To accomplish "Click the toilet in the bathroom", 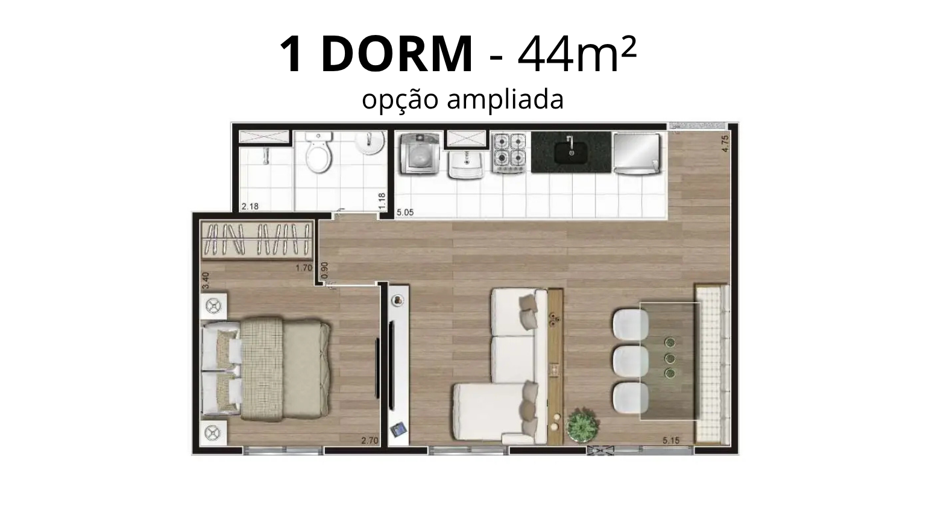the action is click(319, 153).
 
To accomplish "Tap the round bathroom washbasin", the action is click(370, 142).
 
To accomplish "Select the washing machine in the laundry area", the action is click(420, 153).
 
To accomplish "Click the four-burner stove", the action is click(509, 153).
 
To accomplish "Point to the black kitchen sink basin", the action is click(572, 153).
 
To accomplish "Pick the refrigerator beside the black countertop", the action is click(637, 153).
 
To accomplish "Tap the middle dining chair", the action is click(631, 361).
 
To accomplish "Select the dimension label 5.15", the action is click(671, 441).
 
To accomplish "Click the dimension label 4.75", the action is click(725, 144).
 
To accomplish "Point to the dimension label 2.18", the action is click(250, 206).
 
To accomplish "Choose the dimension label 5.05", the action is click(405, 212).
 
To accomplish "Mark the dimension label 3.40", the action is click(206, 280).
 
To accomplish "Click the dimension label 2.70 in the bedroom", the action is click(370, 441).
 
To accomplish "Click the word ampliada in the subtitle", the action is click(505, 100).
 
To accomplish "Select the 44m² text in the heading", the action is click(577, 54).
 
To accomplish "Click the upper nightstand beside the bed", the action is click(213, 306).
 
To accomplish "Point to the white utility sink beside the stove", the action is click(466, 164).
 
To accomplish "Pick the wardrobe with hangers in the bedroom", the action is click(257, 240).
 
